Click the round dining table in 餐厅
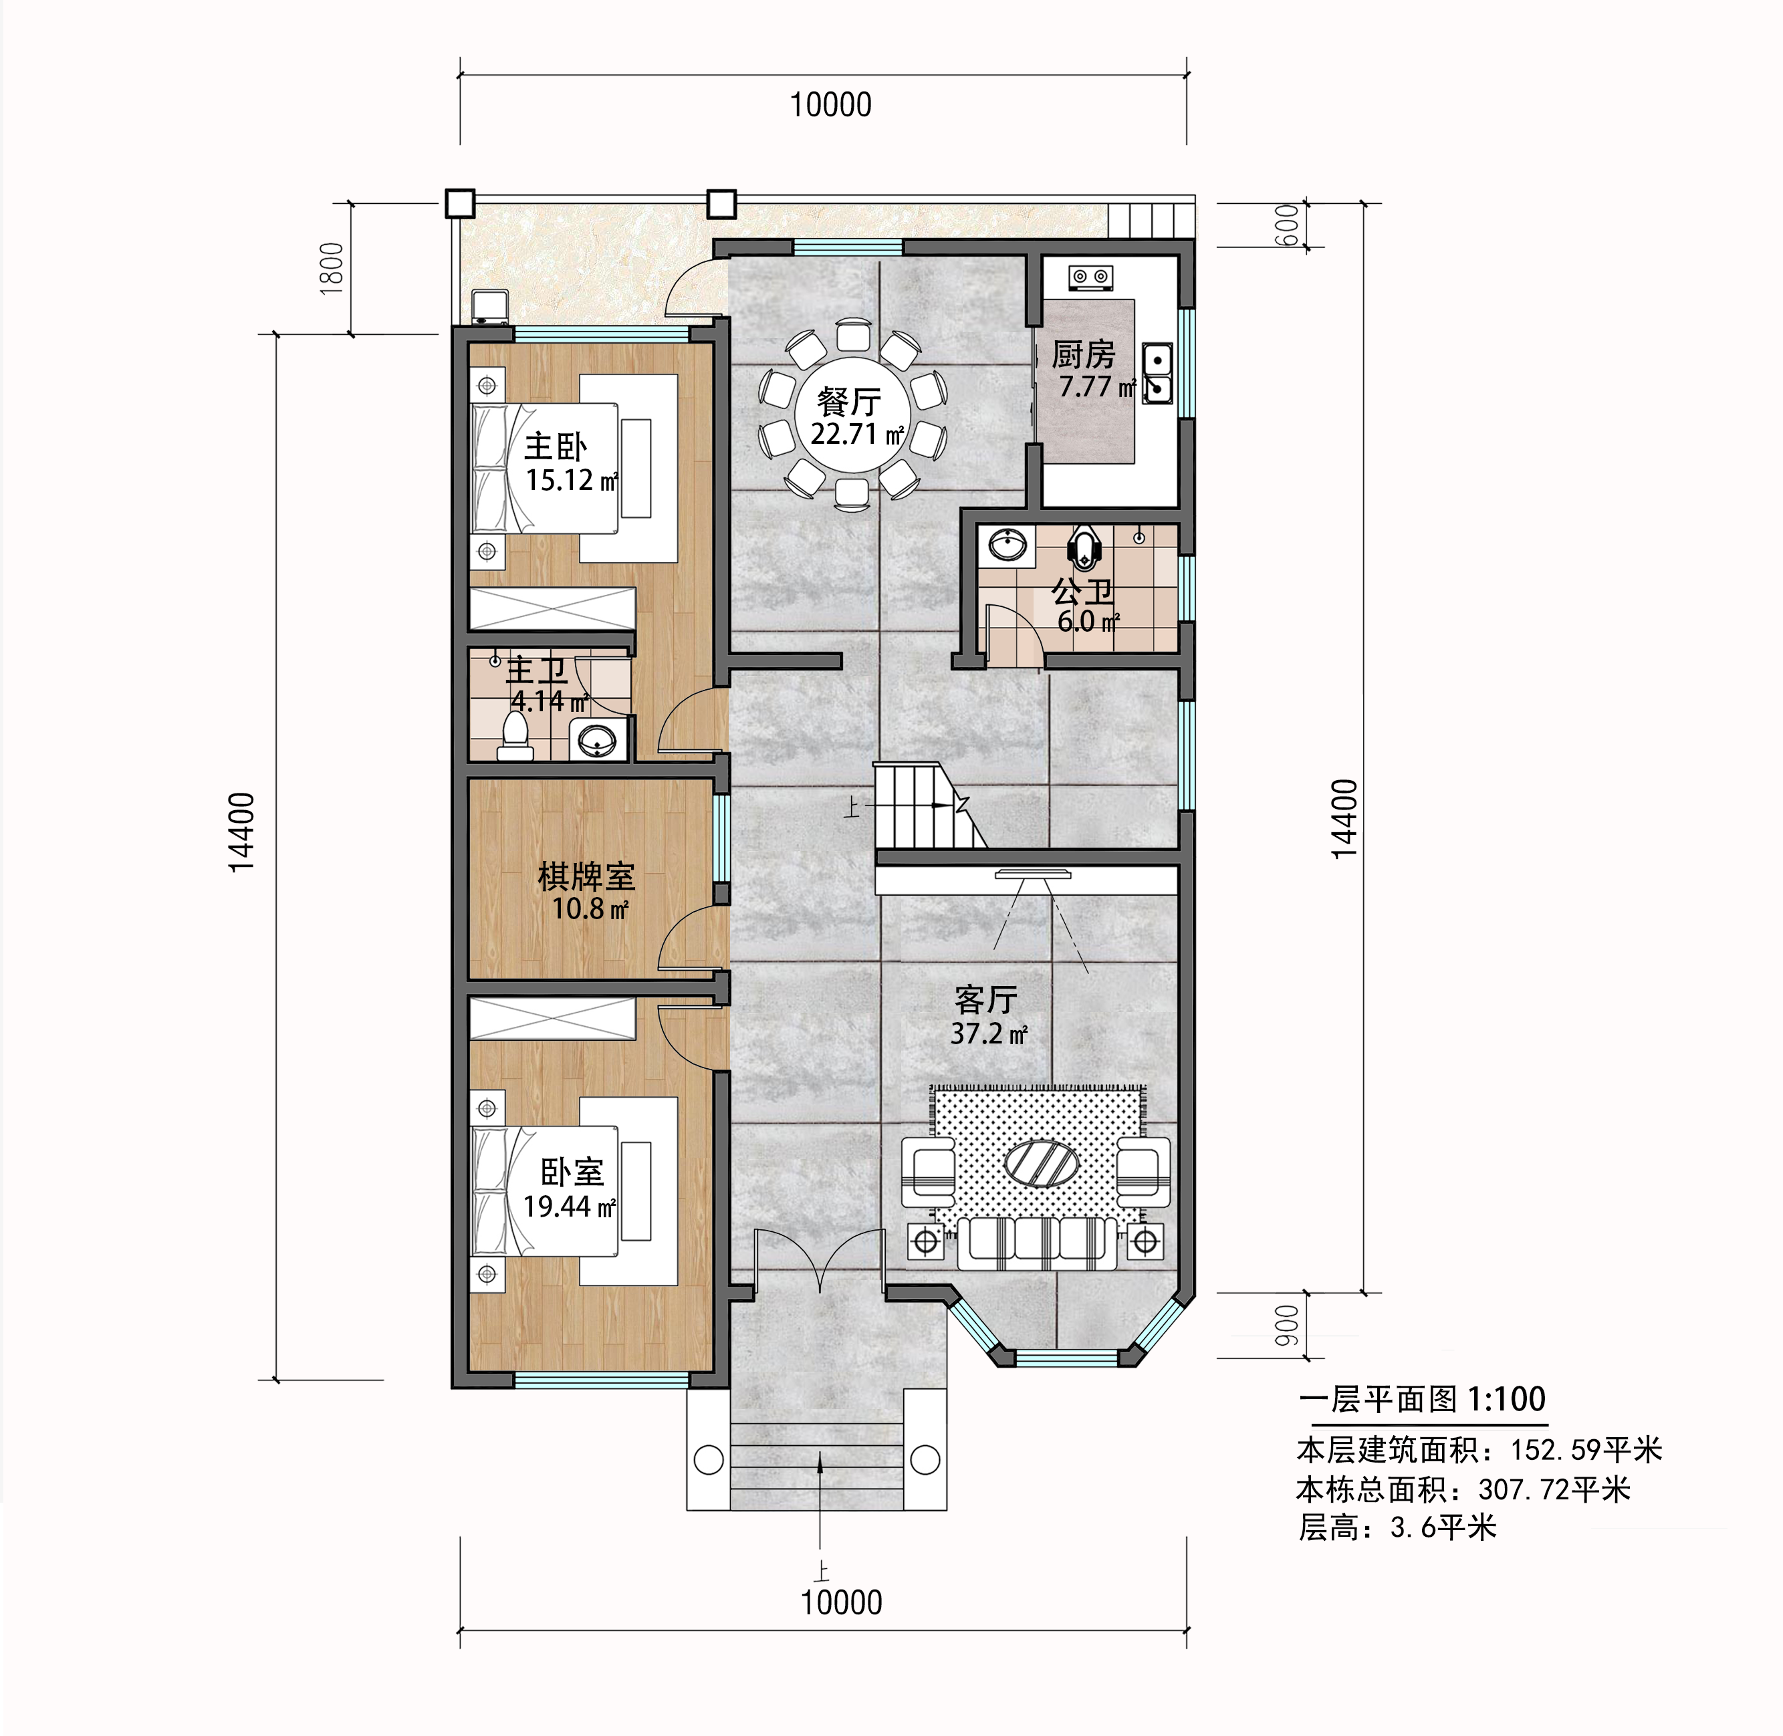click(853, 415)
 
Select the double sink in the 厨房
click(1157, 374)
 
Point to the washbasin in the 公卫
click(1007, 545)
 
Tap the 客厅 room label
click(985, 1000)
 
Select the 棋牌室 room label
click(586, 877)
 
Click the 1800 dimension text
click(332, 268)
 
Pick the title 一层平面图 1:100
click(1422, 1398)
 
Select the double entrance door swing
click(820, 1258)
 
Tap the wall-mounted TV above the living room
click(1034, 874)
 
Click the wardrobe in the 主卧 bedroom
click(552, 608)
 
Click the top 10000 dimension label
click(830, 105)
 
